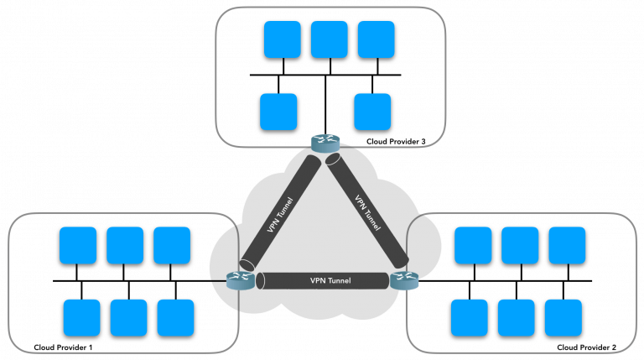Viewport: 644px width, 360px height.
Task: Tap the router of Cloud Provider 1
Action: pos(240,279)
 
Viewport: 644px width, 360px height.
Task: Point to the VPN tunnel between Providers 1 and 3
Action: pos(280,213)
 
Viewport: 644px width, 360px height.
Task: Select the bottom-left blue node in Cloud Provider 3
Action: pos(278,111)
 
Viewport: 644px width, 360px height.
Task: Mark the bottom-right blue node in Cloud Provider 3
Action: pos(373,111)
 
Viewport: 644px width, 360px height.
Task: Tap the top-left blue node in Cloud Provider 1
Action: pos(77,245)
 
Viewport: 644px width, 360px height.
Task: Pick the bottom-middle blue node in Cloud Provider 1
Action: pos(128,317)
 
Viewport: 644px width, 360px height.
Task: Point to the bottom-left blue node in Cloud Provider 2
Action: pos(470,317)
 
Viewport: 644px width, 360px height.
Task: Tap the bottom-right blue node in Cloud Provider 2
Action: pos(563,317)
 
